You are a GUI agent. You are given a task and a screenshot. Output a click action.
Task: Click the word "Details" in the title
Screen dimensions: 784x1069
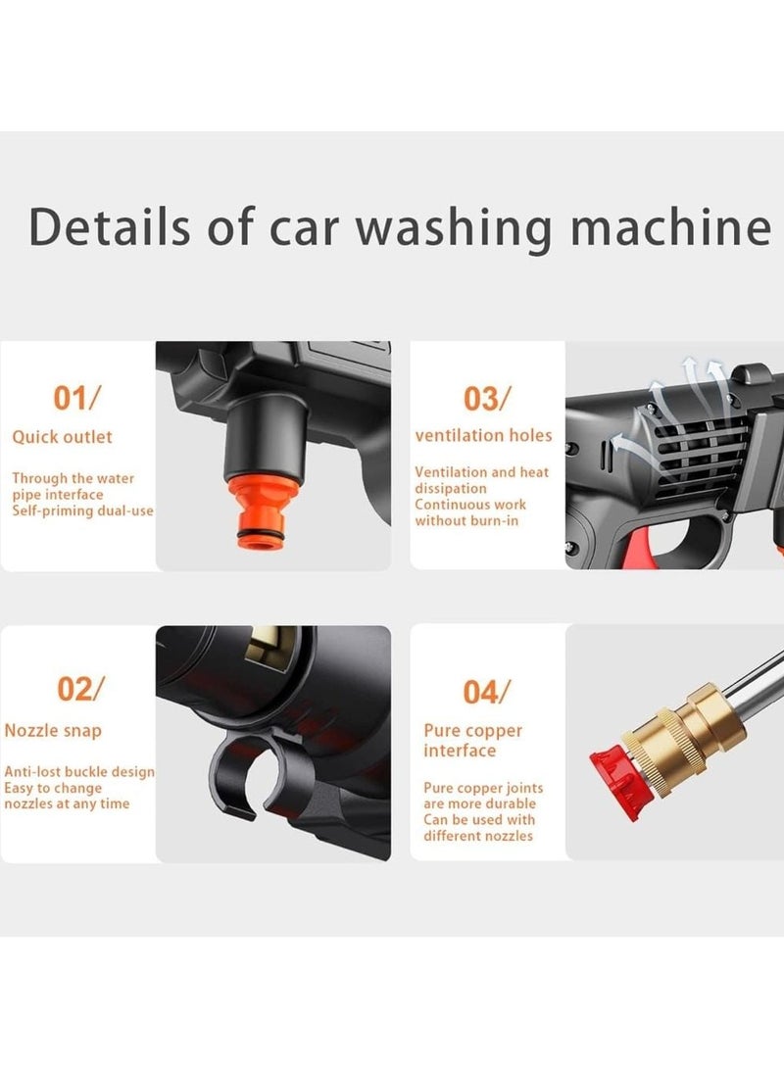click(x=110, y=226)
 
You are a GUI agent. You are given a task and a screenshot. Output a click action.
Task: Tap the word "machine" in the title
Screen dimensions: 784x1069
click(x=671, y=226)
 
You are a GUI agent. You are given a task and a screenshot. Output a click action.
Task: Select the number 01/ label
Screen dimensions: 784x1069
click(x=76, y=398)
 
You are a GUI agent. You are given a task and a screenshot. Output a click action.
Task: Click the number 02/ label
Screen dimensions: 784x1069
click(x=80, y=689)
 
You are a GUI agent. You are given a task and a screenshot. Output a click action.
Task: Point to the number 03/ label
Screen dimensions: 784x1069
click(x=486, y=399)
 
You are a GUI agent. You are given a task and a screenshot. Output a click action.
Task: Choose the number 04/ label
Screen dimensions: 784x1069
click(x=486, y=692)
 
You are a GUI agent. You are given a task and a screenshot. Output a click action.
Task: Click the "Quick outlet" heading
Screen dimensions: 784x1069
click(x=62, y=437)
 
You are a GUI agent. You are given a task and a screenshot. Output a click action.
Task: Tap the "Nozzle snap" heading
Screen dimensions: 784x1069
click(x=53, y=731)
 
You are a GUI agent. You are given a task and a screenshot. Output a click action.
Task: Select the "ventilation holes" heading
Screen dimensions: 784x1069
click(x=483, y=436)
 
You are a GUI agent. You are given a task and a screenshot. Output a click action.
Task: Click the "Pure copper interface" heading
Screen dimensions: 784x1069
click(x=472, y=741)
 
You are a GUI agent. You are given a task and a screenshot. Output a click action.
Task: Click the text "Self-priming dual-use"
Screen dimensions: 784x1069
click(x=82, y=510)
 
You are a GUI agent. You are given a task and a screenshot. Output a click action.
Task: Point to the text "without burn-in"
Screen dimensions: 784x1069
click(x=467, y=521)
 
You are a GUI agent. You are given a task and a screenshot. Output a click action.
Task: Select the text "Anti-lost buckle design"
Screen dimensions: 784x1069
click(x=79, y=772)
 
